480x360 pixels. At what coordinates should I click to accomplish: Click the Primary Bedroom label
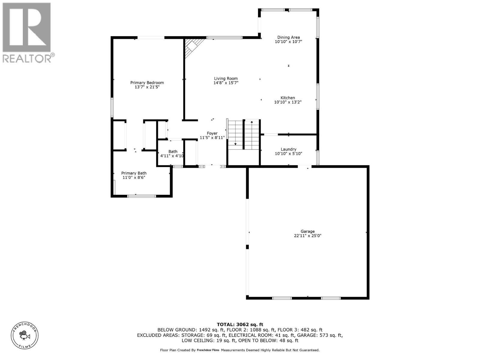pyautogui.click(x=147, y=82)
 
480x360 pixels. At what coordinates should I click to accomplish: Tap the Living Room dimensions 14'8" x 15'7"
pyautogui.click(x=226, y=83)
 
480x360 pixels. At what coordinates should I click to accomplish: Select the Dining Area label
pyautogui.click(x=288, y=37)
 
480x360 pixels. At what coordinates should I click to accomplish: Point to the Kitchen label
pyautogui.click(x=288, y=98)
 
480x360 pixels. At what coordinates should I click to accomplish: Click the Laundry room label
pyautogui.click(x=288, y=149)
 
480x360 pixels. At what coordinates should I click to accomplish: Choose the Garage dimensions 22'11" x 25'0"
pyautogui.click(x=307, y=236)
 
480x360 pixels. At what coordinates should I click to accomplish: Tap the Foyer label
pyautogui.click(x=212, y=133)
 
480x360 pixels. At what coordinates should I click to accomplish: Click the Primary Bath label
pyautogui.click(x=134, y=173)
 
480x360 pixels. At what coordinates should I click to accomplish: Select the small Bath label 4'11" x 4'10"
pyautogui.click(x=172, y=154)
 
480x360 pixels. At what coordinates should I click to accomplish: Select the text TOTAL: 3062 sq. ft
pyautogui.click(x=240, y=324)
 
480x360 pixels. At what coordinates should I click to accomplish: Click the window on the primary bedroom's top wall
pyautogui.click(x=151, y=37)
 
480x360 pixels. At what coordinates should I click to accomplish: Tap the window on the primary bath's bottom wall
pyautogui.click(x=142, y=196)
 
